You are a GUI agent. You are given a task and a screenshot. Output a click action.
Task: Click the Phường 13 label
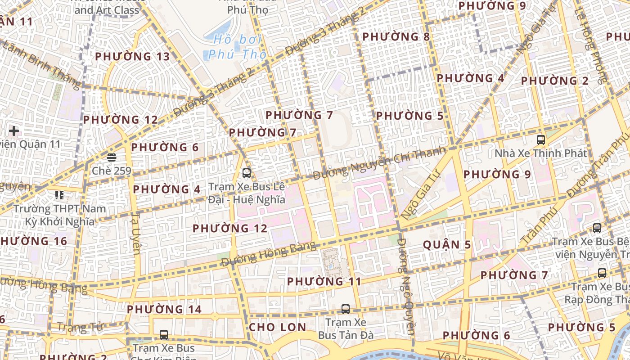133,57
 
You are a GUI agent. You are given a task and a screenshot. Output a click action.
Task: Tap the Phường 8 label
396,36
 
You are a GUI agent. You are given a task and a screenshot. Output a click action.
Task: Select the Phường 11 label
324,282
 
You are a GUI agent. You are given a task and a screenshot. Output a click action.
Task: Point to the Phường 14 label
164,310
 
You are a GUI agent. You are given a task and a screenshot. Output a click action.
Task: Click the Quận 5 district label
447,245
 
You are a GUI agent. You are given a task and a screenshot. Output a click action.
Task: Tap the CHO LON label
277,327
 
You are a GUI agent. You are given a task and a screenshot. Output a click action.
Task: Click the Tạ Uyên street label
135,234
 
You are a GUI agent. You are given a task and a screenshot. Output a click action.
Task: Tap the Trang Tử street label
81,327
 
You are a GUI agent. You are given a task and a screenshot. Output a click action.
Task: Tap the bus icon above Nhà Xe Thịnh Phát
541,140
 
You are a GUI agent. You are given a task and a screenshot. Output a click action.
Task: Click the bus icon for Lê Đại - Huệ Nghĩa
246,173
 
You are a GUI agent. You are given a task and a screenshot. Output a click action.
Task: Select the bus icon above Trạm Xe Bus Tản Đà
345,309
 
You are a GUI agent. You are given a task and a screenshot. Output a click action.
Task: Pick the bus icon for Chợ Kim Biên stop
164,335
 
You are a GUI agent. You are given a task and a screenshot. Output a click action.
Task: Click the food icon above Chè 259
111,157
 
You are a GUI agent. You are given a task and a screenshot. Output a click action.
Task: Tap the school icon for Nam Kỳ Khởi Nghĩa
59,195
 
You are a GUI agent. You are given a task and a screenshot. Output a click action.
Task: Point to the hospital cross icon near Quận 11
14,131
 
